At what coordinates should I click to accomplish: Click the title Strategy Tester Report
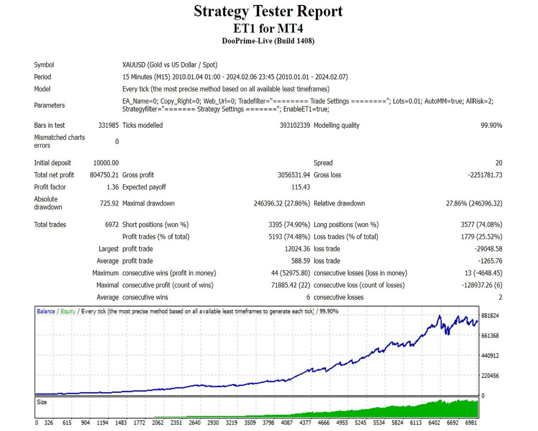click(x=268, y=11)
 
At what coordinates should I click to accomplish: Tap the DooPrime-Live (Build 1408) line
click(x=268, y=41)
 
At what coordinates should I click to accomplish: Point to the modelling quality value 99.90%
click(x=491, y=126)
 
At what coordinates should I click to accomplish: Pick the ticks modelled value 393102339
click(x=295, y=126)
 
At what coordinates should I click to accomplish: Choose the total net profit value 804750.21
click(x=104, y=175)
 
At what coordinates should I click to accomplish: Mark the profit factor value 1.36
click(x=112, y=187)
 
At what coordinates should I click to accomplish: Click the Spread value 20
click(x=499, y=163)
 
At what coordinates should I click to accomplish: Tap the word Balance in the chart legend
click(x=46, y=311)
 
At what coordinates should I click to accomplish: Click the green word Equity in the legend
click(x=68, y=311)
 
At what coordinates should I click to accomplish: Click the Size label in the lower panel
click(x=42, y=402)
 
